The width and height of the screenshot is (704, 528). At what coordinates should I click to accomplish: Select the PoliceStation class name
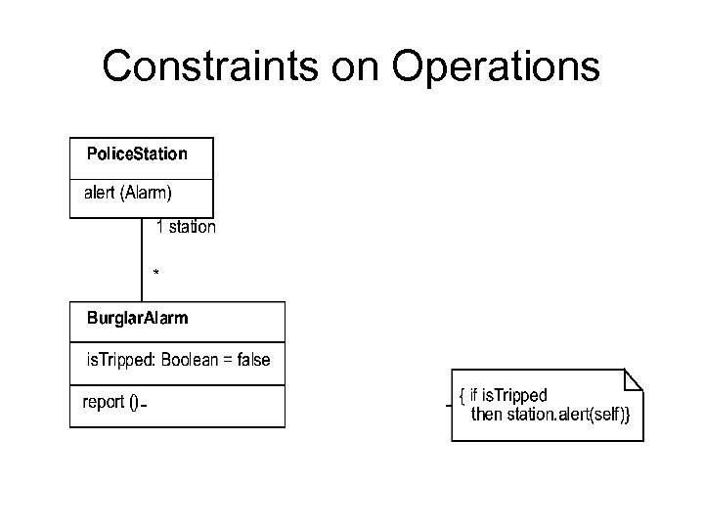point(137,154)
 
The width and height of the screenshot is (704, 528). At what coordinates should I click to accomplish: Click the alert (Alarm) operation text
point(127,193)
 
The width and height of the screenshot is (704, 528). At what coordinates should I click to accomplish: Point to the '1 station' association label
point(186,227)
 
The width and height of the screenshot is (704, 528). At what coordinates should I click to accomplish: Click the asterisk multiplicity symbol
point(155,271)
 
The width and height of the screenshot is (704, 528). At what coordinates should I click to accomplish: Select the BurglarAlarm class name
point(138,318)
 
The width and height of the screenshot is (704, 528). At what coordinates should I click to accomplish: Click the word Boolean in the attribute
point(191,360)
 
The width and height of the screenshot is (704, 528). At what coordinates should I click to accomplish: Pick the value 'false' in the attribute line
point(253,360)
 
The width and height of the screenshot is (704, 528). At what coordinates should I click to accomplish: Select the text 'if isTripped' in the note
point(508,396)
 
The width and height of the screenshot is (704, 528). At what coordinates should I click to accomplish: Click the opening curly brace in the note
point(462,397)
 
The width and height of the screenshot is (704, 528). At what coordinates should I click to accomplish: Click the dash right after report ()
point(144,405)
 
